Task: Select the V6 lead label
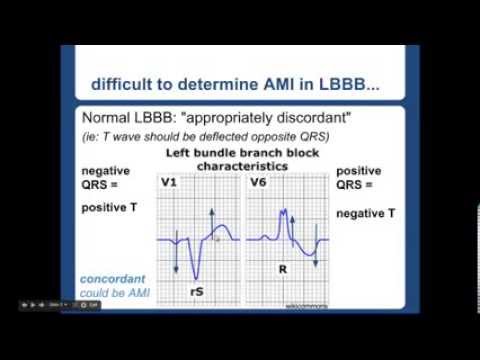coord(257,183)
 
